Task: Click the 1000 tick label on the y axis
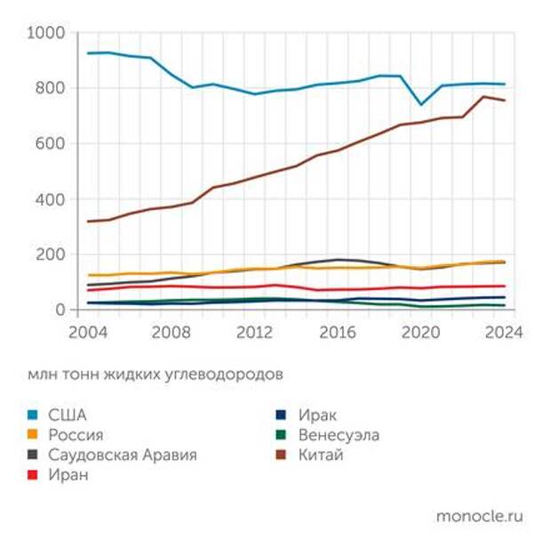click(x=47, y=33)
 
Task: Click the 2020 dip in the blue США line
click(x=421, y=105)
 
